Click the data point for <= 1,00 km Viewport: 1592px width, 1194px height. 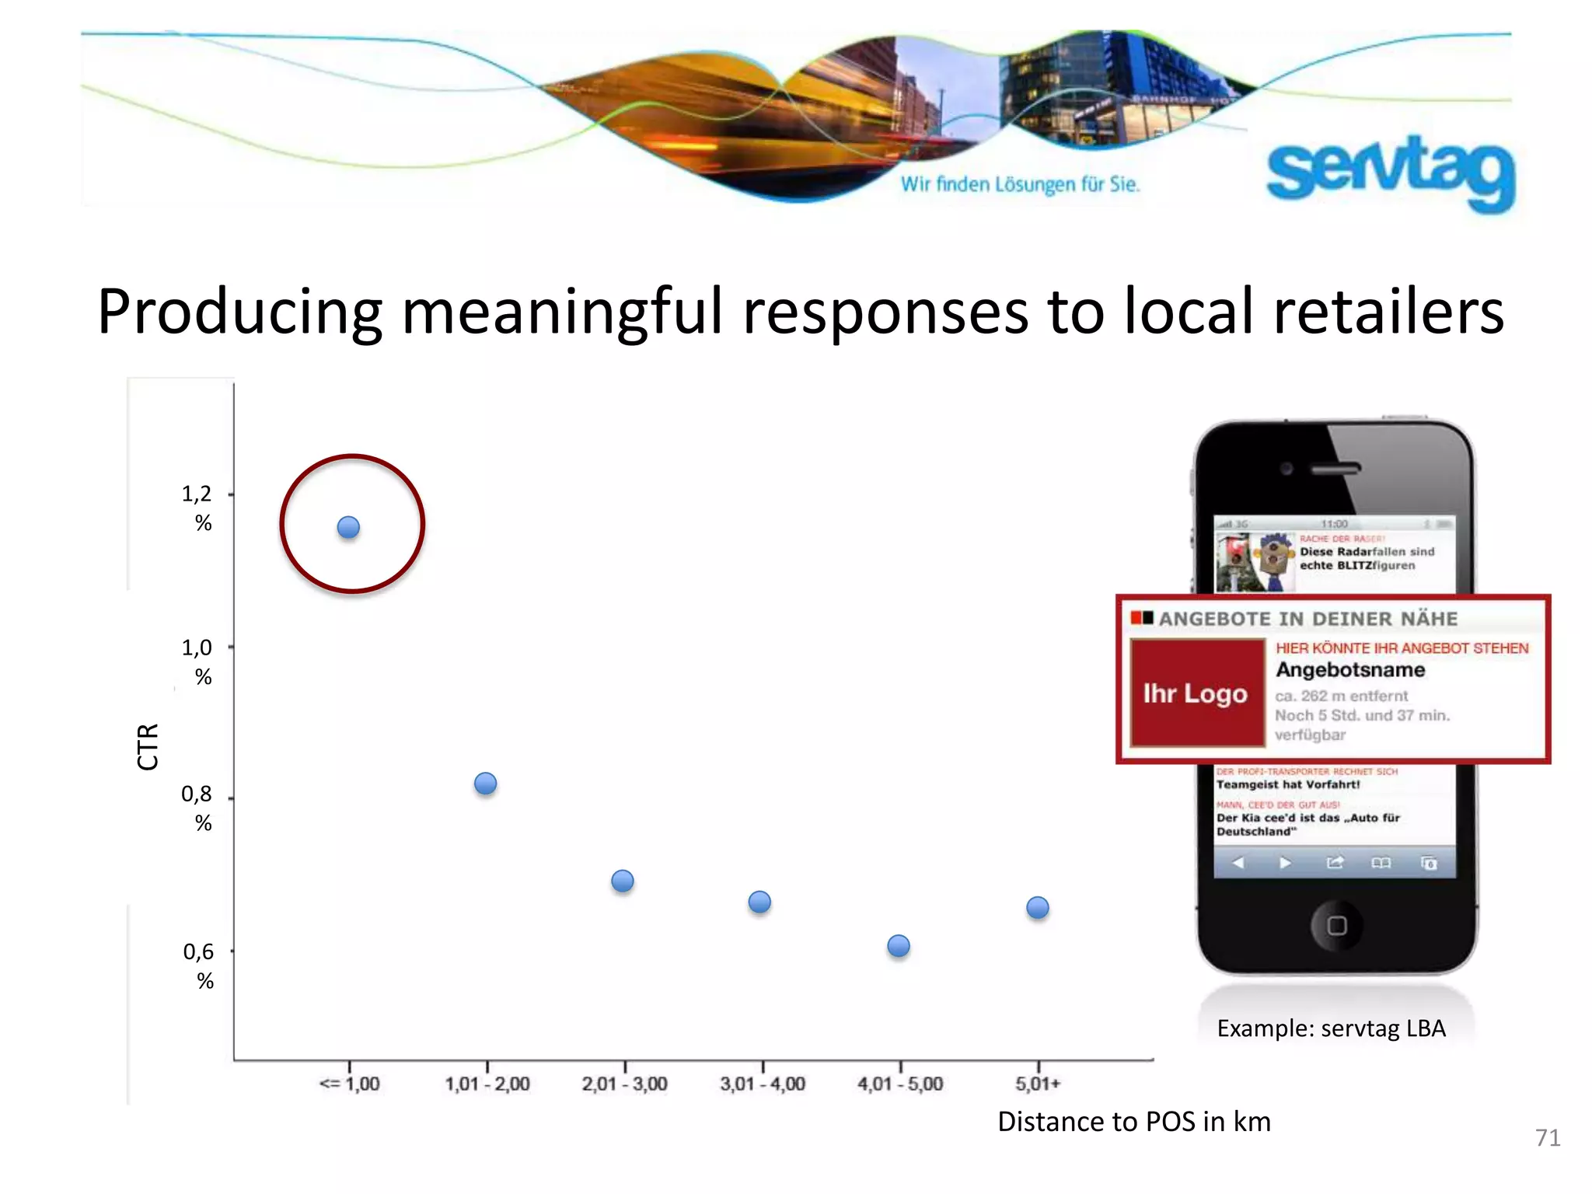tap(348, 528)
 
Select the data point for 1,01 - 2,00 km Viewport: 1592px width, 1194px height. tap(485, 784)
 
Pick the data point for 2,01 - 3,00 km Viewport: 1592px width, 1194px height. tap(623, 881)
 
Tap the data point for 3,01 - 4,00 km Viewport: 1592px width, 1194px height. tap(759, 902)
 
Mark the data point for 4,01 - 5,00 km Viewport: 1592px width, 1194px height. tap(899, 946)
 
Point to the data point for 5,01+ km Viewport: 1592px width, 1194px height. tap(1038, 907)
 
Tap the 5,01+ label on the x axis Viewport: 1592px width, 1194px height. tap(1038, 1084)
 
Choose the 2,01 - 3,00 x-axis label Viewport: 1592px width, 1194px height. tap(624, 1084)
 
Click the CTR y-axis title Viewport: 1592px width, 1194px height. tap(148, 746)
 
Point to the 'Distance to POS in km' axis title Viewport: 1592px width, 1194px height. tap(1134, 1122)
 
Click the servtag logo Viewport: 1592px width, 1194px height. tap(1390, 172)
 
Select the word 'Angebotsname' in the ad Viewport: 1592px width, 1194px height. tap(1350, 670)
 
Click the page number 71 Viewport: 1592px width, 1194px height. tap(1548, 1138)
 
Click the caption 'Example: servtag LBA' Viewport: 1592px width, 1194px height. tap(1331, 1028)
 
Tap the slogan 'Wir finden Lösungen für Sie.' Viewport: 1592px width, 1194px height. tap(1020, 185)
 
